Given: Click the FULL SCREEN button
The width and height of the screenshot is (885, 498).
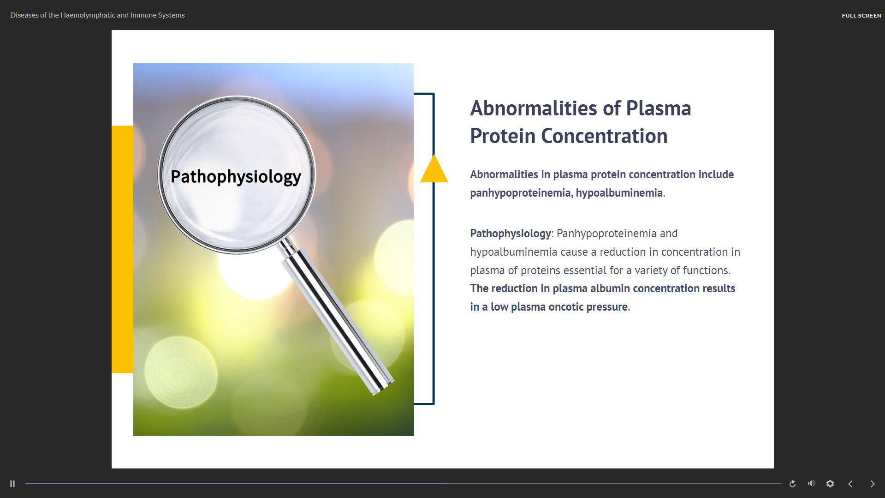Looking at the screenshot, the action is point(861,16).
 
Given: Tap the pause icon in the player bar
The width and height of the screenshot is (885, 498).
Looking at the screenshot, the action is point(12,484).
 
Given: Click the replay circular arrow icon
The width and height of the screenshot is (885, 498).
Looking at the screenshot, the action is point(792,484).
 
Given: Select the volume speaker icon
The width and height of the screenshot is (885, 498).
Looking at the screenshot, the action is point(812,483).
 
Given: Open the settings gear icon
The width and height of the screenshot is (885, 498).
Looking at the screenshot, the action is point(830,484).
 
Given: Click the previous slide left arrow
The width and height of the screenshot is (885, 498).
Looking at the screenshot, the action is point(850,484).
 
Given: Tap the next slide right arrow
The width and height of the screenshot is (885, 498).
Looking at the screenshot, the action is point(873,484).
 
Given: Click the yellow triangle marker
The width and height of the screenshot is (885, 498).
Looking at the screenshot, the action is point(434,169).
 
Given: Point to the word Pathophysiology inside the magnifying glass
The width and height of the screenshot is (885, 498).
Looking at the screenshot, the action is point(236,177).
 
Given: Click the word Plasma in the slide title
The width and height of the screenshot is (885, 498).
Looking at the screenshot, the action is point(659,108).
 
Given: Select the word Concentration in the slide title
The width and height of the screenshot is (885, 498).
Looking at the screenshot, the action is point(604,136).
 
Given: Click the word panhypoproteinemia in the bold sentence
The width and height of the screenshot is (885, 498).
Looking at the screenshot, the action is point(520,193).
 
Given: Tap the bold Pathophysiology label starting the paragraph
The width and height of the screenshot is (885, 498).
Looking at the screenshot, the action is point(511,234).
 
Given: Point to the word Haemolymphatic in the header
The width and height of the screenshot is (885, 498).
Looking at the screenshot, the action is point(88,15).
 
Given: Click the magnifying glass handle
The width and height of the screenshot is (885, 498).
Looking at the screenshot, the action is point(337,318).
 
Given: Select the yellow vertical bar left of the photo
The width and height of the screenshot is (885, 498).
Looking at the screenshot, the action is point(122,249).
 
